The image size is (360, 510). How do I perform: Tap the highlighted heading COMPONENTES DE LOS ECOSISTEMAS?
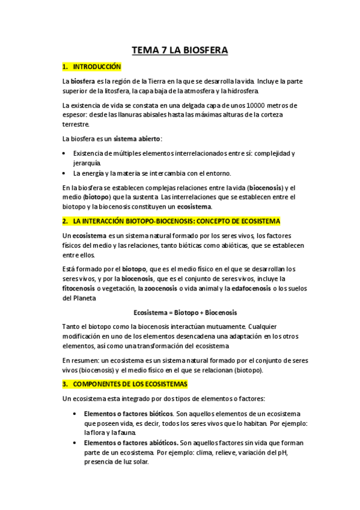click(x=130, y=383)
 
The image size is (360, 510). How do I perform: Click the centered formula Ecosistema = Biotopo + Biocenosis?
click(x=185, y=313)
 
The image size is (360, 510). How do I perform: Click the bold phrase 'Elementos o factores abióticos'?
click(x=130, y=443)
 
